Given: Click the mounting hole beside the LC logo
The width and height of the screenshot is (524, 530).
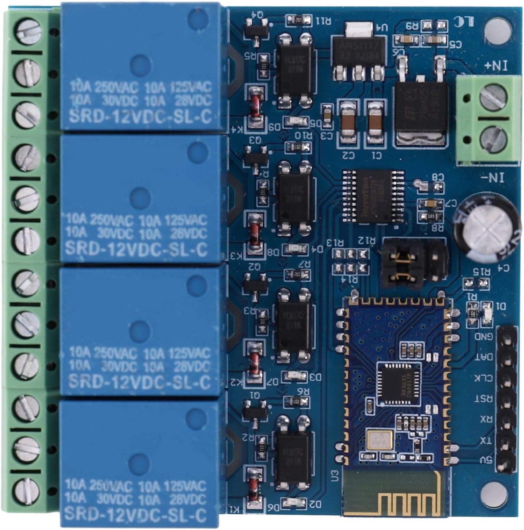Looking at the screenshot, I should [497, 28].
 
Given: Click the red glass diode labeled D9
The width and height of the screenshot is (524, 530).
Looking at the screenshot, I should [255, 106].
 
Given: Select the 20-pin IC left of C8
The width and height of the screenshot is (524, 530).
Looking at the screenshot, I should [373, 196].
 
